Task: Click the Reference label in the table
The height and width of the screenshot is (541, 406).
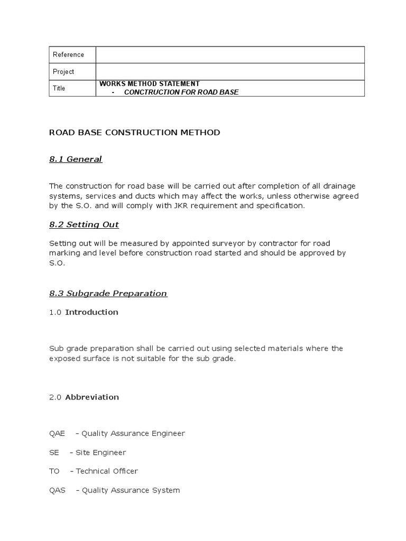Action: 68,54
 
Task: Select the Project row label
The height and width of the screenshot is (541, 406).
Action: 63,71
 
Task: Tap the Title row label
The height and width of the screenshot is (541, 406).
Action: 59,88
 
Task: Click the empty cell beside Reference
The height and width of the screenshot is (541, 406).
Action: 230,54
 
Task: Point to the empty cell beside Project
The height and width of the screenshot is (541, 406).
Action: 230,71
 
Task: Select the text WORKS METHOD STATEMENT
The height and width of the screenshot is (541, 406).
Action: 150,83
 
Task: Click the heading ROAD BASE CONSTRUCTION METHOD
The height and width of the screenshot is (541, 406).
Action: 134,133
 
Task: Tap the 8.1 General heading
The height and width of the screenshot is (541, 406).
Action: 76,159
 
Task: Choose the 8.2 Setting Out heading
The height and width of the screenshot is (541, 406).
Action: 84,225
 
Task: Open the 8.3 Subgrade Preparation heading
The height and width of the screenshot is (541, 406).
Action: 108,293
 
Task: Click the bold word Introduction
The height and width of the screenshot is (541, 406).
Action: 91,312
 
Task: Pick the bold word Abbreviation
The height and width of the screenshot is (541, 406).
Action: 92,397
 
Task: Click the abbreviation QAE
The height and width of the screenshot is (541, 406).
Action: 57,434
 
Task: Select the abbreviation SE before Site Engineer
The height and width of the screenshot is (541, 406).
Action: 54,453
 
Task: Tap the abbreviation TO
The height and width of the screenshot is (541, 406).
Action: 54,471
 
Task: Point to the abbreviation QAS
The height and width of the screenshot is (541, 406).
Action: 57,490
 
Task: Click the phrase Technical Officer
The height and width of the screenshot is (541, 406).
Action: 107,471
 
